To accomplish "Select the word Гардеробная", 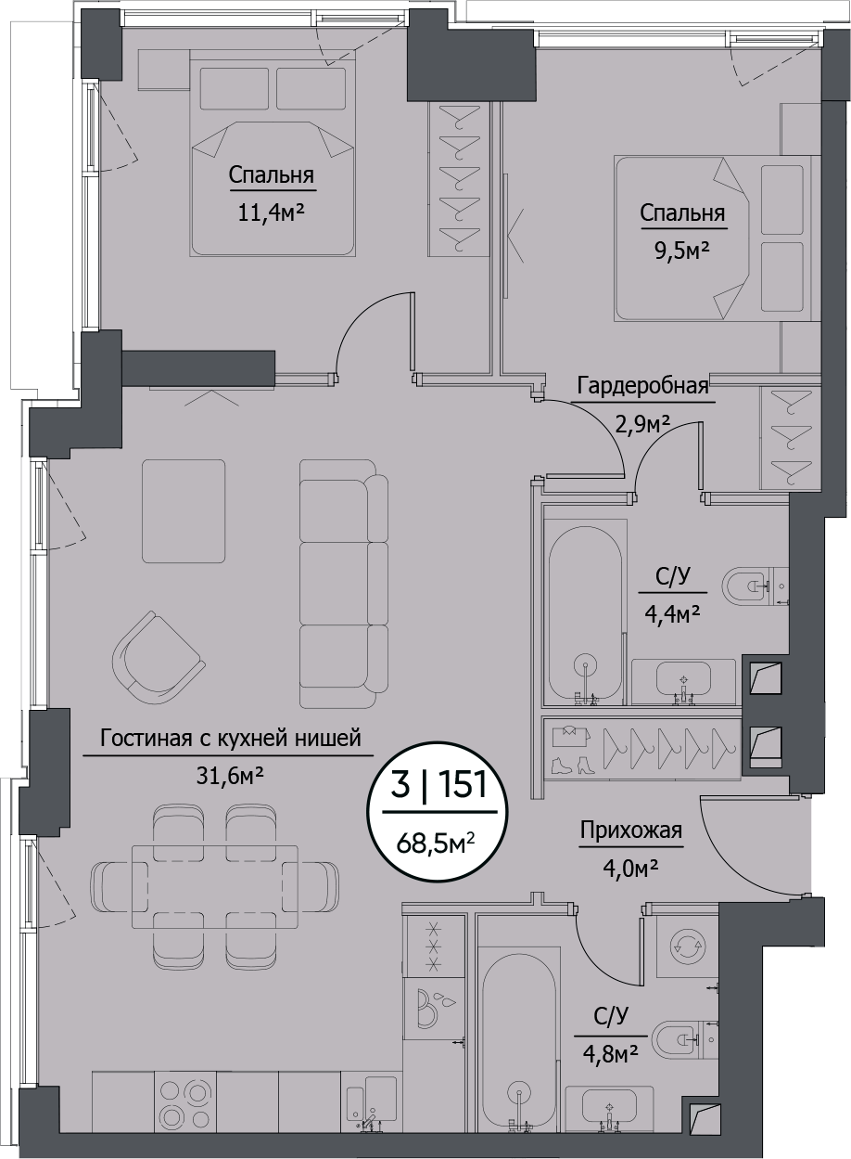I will pyautogui.click(x=642, y=386).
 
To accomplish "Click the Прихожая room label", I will pyautogui.click(x=630, y=831).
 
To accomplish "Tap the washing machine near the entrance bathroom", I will pyautogui.click(x=686, y=946).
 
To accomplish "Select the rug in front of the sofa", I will pyautogui.click(x=184, y=510).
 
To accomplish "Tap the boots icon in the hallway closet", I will pyautogui.click(x=572, y=766).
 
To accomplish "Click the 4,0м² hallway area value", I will pyautogui.click(x=630, y=869).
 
